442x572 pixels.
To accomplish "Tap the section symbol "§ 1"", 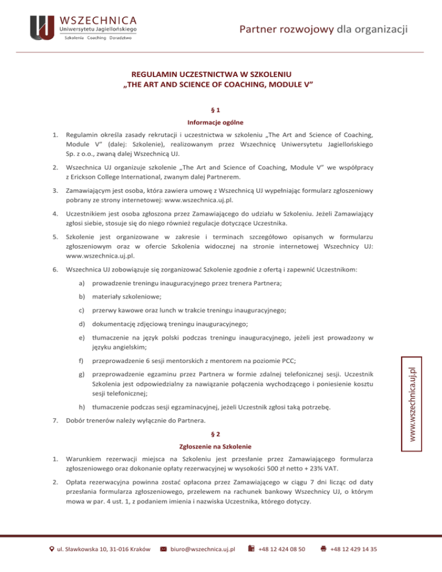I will [x=221, y=110].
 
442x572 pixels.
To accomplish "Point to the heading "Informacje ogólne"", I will [x=221, y=122].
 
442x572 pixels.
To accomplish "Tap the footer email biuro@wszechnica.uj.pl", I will [x=204, y=549].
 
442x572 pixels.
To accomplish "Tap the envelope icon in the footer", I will [x=163, y=549].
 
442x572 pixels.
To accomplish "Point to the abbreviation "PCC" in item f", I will [x=288, y=361].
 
